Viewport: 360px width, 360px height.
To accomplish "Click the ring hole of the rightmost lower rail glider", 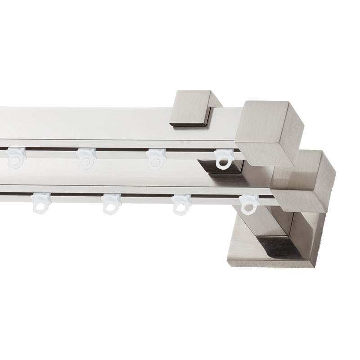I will (247, 208).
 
